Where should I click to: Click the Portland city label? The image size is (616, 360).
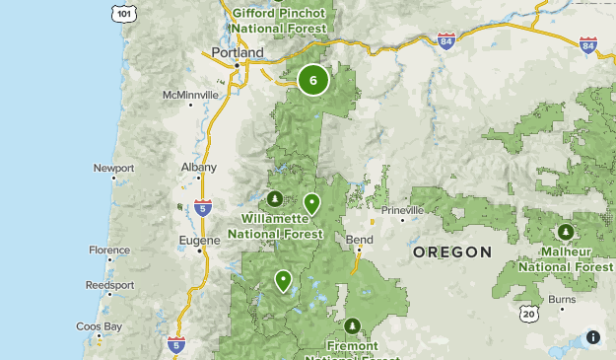[238, 52]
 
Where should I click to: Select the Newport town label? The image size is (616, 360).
[113, 168]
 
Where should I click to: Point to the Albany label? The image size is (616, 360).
[199, 168]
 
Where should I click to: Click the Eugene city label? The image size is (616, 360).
[198, 239]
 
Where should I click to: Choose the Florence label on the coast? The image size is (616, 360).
[108, 251]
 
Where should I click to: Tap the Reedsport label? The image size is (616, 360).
[109, 285]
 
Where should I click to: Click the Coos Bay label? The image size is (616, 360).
[100, 325]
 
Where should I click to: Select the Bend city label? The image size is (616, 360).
[360, 240]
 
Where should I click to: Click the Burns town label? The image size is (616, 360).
[562, 298]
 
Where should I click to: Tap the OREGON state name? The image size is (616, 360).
[452, 252]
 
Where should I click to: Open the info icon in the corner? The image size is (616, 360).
[593, 337]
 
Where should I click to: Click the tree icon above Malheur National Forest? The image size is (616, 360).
[566, 233]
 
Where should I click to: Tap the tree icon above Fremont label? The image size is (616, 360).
[352, 326]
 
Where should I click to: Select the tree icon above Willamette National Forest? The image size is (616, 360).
[275, 200]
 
